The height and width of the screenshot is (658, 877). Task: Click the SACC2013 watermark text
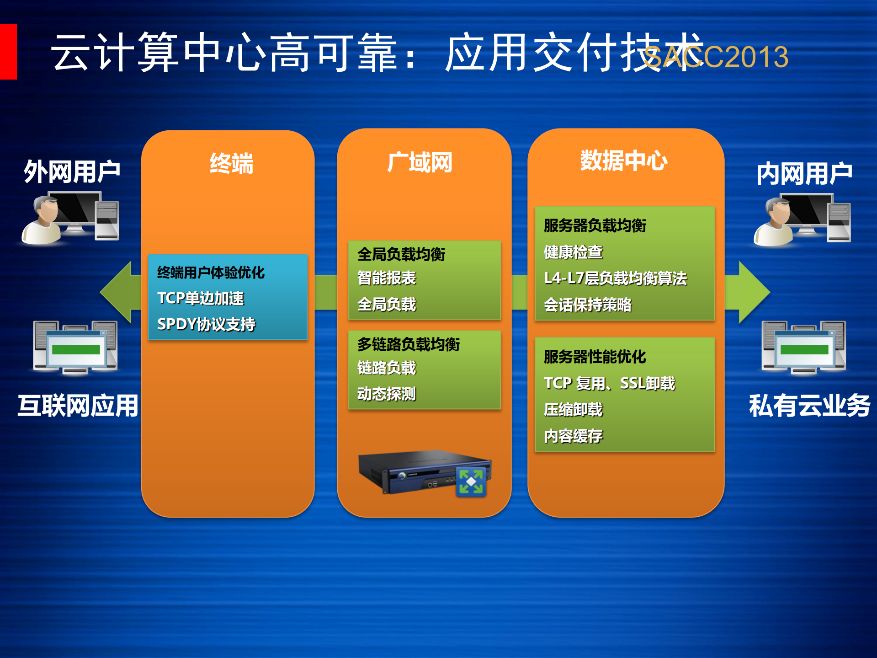(x=716, y=57)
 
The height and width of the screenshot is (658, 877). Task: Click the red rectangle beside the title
(x=8, y=52)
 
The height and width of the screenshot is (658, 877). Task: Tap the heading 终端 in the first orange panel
(x=231, y=163)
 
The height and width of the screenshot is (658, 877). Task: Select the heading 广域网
(x=420, y=162)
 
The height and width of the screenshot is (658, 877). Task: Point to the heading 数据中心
(x=624, y=160)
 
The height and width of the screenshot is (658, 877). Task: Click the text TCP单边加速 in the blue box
(x=201, y=298)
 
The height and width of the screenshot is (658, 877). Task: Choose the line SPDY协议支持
(x=206, y=324)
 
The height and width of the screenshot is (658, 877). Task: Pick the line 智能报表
(x=387, y=278)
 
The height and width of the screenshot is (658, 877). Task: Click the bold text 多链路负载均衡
(x=409, y=344)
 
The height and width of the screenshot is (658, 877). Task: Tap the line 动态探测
(x=387, y=394)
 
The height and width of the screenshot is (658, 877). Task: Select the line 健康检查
(x=573, y=252)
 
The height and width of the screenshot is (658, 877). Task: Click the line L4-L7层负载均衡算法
(x=615, y=278)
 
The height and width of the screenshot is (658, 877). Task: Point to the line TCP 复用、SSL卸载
(x=609, y=383)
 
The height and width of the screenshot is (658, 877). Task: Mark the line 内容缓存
(x=573, y=436)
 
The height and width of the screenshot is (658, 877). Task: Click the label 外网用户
(x=72, y=171)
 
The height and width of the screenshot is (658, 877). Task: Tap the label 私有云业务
(x=809, y=406)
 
